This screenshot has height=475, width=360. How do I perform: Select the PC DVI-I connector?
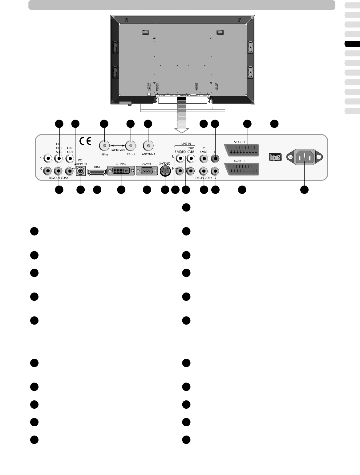pos(121,171)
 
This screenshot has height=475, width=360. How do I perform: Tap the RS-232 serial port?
pos(147,171)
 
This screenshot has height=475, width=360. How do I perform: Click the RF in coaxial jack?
pos(105,145)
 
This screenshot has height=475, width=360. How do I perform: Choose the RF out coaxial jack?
pos(131,145)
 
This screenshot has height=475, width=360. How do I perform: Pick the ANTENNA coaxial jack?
pos(148,145)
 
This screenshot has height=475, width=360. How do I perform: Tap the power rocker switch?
pos(275,157)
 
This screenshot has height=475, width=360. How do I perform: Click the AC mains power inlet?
pos(305,158)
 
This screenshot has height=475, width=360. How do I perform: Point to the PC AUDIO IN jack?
pos(80,170)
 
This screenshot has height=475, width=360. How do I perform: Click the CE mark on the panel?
pos(85,141)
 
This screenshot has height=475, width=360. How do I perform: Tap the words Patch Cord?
pos(118,150)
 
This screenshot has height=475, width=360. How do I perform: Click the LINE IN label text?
pos(186,144)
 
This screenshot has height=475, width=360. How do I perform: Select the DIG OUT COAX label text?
pos(59,178)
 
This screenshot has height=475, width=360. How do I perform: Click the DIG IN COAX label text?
pos(204,178)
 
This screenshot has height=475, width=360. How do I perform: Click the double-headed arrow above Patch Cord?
pos(118,145)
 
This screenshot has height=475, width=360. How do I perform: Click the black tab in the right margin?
pos(352,44)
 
